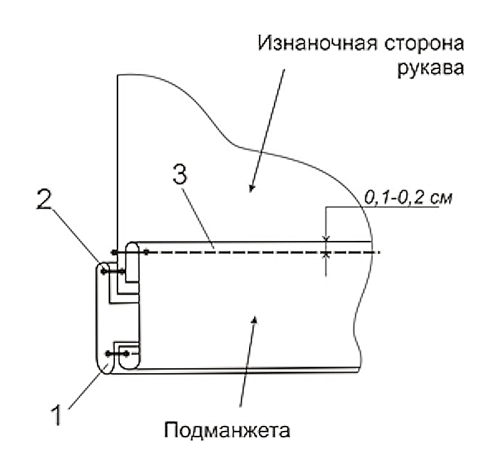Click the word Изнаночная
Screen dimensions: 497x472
317,43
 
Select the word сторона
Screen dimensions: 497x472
424,43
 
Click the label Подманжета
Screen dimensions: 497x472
227,430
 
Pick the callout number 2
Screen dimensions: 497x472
44,199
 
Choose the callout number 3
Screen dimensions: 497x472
180,175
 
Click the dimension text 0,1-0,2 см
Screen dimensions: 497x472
408,197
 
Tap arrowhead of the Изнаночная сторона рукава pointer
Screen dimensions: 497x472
252,188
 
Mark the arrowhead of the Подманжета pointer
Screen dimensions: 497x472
254,320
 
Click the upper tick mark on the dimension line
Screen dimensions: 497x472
326,238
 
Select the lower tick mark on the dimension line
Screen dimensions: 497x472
326,255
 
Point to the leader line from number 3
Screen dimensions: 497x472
198,218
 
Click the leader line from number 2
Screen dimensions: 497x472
75,235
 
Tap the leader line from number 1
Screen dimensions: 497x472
89,386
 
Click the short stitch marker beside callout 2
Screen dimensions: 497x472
112,271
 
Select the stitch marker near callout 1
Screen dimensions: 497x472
117,353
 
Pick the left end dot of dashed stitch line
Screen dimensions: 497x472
115,252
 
